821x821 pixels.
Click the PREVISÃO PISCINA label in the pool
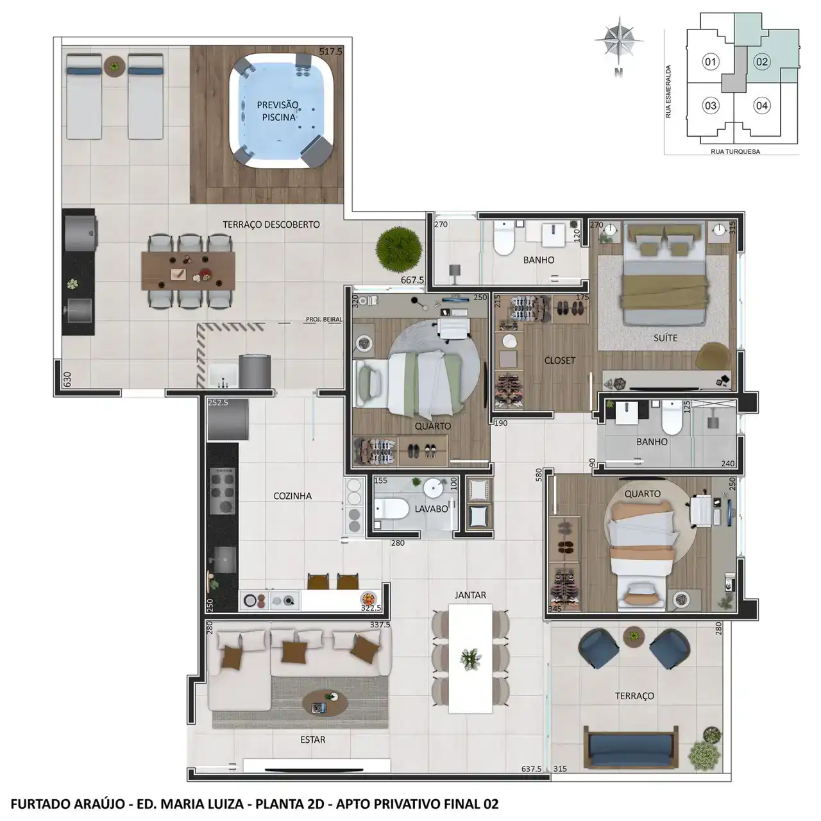(278, 111)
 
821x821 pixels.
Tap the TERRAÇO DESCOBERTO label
(271, 224)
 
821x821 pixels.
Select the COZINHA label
(292, 496)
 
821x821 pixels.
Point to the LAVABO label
(431, 509)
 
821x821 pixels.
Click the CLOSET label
(560, 360)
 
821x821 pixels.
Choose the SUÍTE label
(666, 338)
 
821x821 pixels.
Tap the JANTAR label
(470, 595)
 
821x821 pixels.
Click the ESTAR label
(313, 740)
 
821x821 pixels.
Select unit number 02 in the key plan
(762, 62)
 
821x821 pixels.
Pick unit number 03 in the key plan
(710, 105)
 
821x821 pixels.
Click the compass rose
(619, 41)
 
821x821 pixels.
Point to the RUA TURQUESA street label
(735, 151)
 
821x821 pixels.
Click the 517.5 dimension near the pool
(330, 51)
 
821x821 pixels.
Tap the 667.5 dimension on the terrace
(412, 280)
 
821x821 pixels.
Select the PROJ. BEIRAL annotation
(324, 319)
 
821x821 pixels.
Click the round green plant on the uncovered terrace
(399, 250)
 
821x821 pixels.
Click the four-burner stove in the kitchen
(223, 490)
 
